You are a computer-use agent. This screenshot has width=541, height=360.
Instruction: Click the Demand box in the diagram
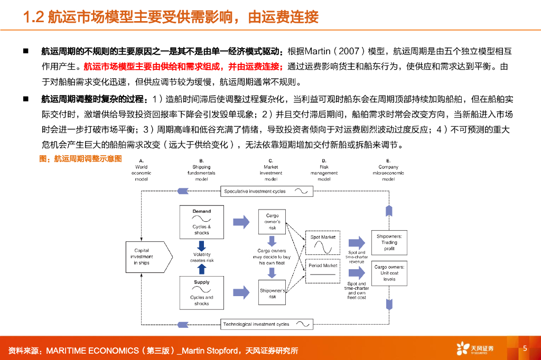(201, 222)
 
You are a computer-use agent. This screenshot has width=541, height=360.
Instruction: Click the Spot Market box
(323, 243)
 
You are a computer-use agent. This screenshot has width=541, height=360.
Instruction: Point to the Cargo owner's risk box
(272, 222)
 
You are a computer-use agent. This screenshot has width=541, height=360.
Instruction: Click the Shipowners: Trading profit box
(389, 242)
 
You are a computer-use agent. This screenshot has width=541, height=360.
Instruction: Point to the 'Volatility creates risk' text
(201, 257)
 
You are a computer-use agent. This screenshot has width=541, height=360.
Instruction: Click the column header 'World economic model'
(141, 169)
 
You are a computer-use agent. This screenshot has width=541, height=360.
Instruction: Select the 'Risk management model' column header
(324, 169)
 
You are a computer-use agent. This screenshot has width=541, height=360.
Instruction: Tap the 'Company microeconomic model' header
(388, 169)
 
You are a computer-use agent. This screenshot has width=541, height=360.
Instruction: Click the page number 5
(525, 348)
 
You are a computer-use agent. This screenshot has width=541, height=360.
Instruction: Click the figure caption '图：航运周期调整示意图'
(81, 158)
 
